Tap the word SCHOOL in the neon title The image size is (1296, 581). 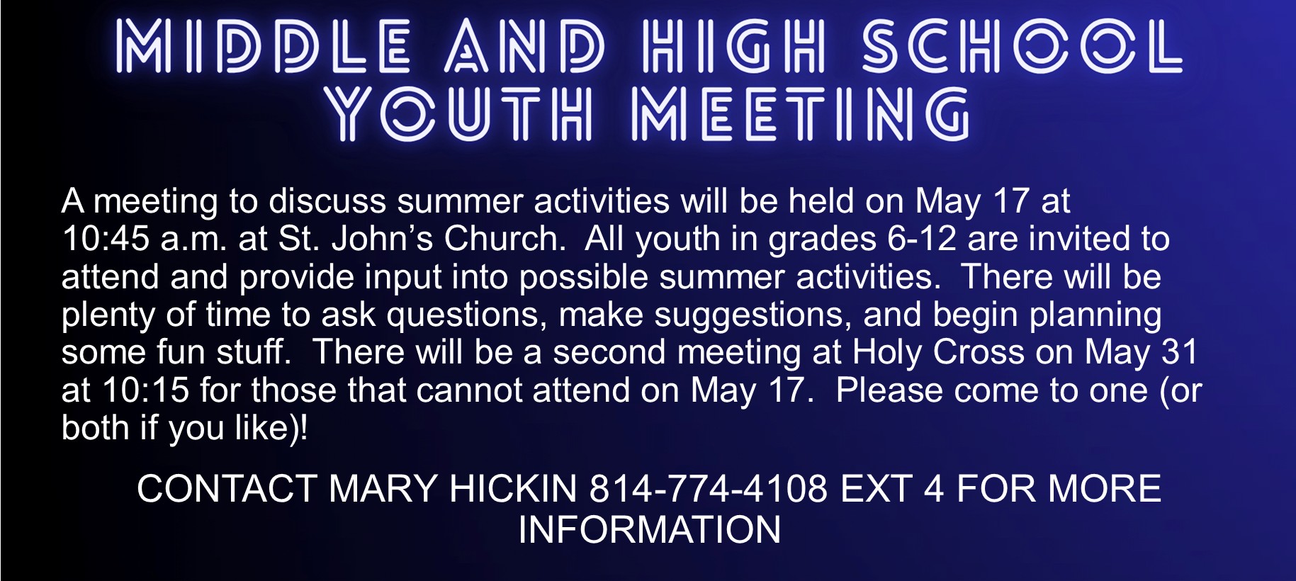coord(1021,47)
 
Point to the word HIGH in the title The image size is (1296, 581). coord(733,47)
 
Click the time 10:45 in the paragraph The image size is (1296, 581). coord(106,239)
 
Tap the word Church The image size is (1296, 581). coord(505,239)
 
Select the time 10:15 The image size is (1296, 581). coord(146,390)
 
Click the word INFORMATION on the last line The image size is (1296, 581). coord(649,530)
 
